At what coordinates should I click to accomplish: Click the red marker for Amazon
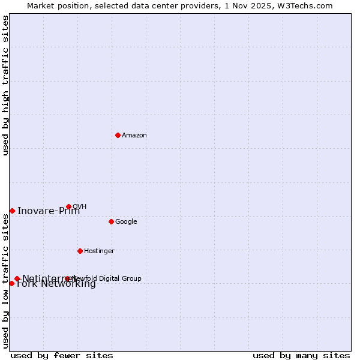118,135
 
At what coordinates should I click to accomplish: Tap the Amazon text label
134,136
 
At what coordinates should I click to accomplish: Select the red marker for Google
111,221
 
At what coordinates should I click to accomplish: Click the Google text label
126,222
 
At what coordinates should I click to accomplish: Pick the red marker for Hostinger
80,251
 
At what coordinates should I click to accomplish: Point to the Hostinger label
99,251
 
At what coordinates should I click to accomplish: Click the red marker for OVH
68,206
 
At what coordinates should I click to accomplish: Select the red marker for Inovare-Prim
12,211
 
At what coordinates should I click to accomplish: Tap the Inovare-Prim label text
48,211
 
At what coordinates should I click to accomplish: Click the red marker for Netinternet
17,278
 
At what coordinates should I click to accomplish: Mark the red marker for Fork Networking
11,283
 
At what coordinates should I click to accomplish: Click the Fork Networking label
56,284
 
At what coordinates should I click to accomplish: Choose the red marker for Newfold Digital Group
67,278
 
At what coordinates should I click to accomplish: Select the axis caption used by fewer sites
62,356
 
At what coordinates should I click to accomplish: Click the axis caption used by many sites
301,356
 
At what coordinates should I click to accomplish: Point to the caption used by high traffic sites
6,85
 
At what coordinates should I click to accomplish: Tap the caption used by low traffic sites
6,281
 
